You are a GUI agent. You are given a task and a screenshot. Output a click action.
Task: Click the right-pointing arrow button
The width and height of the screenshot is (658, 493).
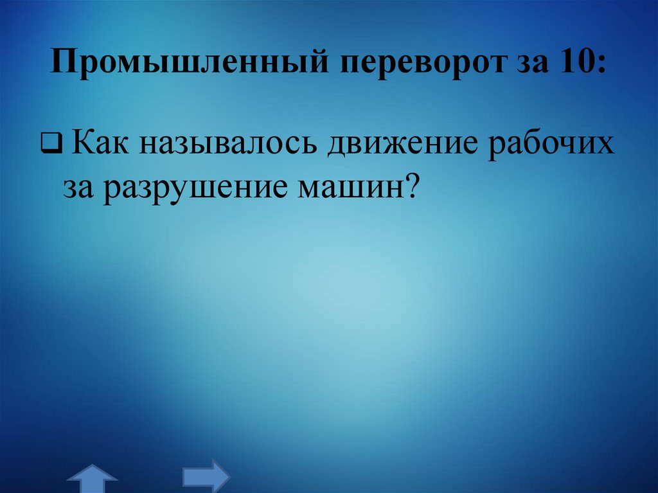(x=206, y=476)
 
